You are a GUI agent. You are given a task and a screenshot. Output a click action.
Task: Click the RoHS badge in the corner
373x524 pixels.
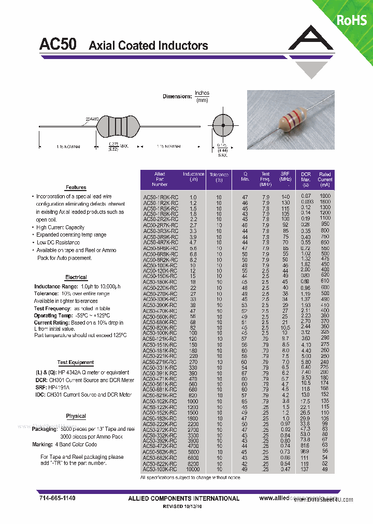click(352, 20)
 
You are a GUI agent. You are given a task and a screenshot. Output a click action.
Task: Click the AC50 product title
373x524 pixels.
click(58, 45)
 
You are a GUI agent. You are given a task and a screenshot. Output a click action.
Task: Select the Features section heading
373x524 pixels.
click(76, 187)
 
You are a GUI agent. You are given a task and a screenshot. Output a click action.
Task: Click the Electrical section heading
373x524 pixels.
click(76, 278)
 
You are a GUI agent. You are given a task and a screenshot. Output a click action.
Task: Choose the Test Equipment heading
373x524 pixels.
click(76, 362)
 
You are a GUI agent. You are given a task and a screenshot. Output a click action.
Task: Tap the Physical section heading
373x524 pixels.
click(76, 416)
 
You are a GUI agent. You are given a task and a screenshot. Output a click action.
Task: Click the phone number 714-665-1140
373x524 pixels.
click(58, 498)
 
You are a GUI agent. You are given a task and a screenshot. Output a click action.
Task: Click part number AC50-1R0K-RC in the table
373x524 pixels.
click(161, 197)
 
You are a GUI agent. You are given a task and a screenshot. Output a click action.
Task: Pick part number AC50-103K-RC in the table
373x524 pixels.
click(161, 469)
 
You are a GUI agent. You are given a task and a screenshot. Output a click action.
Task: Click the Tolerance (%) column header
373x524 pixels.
click(219, 178)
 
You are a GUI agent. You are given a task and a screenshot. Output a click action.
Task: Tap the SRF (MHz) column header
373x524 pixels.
click(285, 177)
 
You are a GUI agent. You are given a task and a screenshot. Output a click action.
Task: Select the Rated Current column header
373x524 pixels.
click(325, 179)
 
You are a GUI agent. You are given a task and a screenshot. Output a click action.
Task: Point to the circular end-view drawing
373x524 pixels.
click(223, 126)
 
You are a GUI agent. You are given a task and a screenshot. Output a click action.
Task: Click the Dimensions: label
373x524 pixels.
click(177, 96)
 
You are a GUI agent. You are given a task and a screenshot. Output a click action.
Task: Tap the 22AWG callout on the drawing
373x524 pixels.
click(92, 119)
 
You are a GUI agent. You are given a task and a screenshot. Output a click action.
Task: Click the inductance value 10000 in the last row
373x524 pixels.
click(193, 469)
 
